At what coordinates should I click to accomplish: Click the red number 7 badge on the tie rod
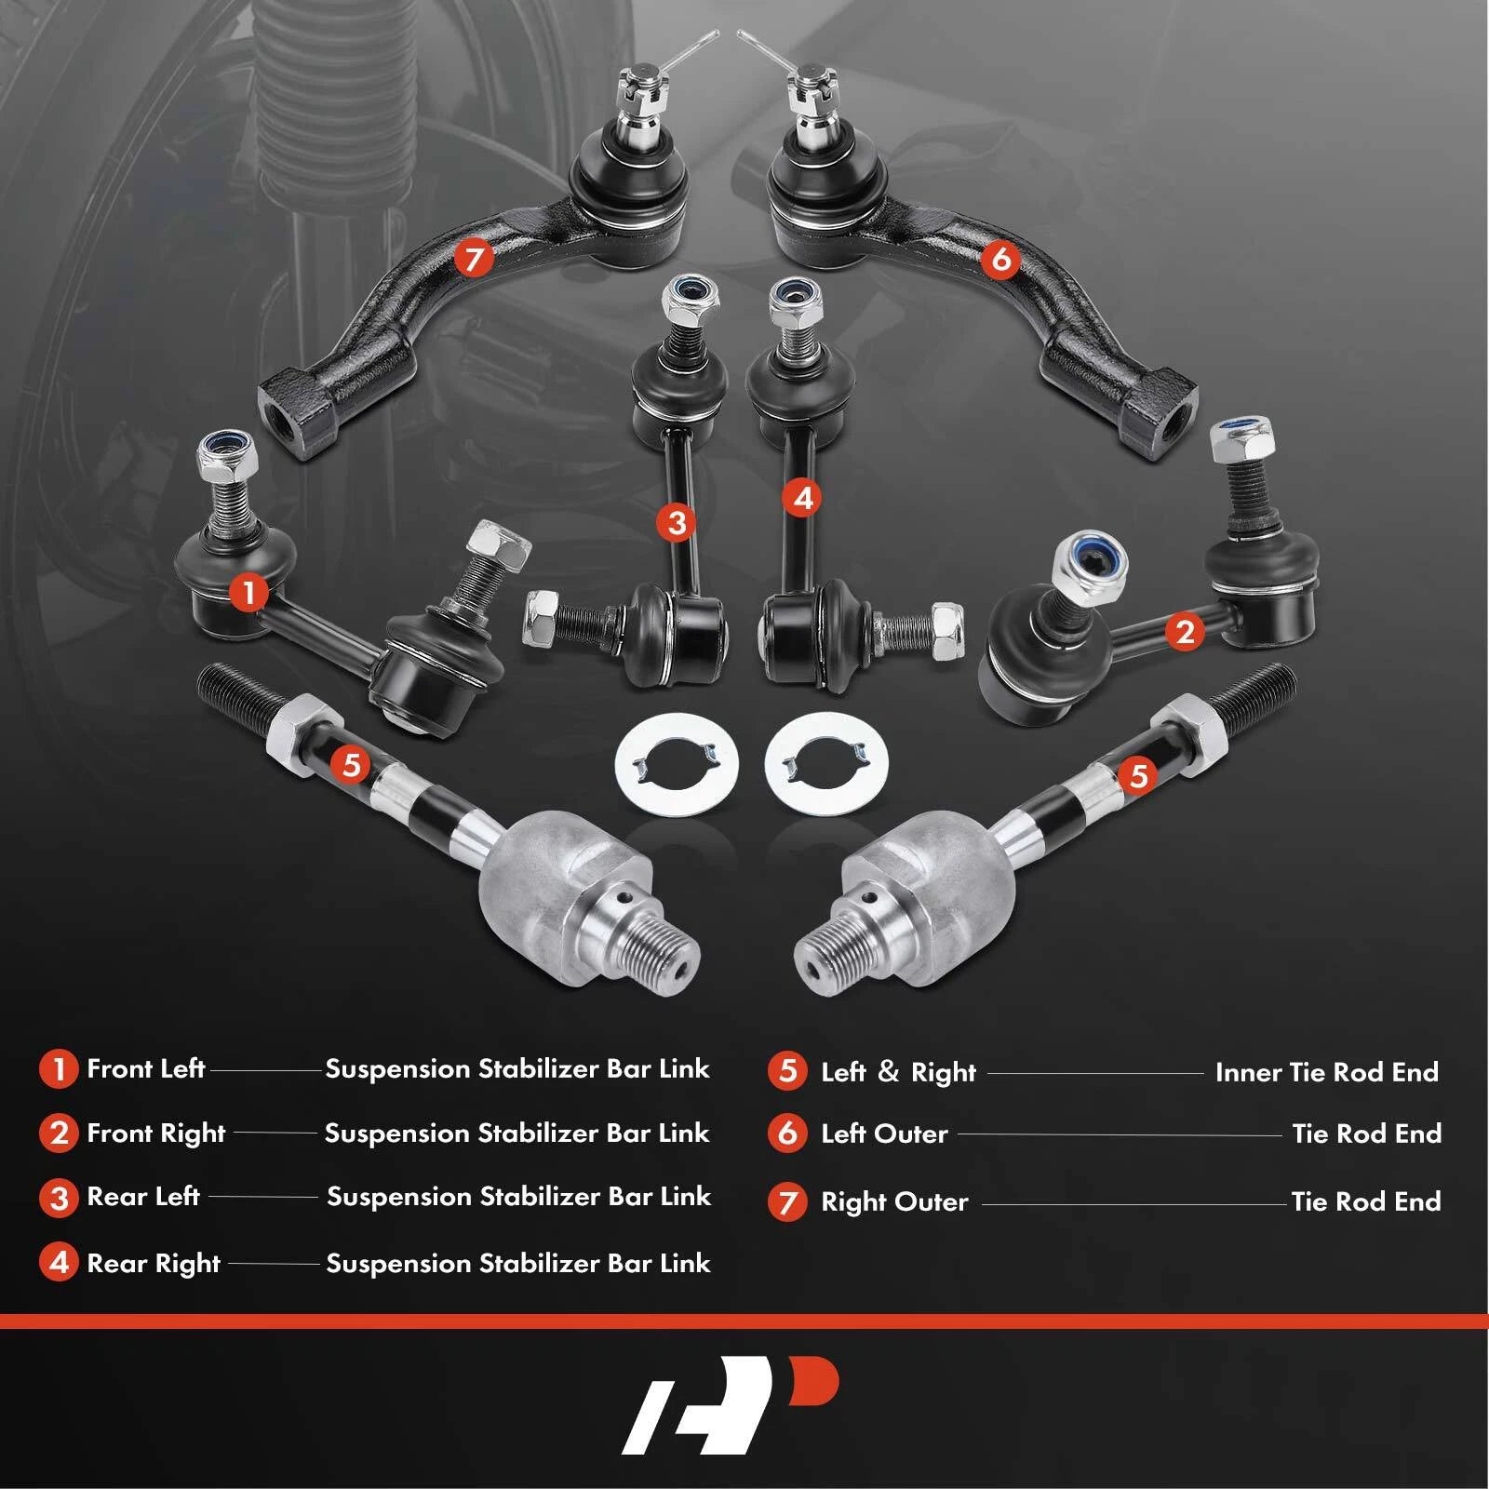474,257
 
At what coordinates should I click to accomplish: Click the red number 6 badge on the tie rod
1001,258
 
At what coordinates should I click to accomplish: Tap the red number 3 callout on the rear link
677,522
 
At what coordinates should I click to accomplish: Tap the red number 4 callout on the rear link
803,498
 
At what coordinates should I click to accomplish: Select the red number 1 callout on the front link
248,592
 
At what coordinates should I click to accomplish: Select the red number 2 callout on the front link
1185,632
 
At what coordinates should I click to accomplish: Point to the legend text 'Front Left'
145,1068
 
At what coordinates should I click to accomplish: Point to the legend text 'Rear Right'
154,1264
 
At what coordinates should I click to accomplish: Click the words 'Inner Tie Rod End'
1327,1072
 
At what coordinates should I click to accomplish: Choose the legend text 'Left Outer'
884,1134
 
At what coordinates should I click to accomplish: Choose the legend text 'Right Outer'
894,1202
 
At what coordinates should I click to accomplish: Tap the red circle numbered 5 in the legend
787,1071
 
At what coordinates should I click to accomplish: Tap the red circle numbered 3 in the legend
59,1198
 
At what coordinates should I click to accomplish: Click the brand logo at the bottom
731,1404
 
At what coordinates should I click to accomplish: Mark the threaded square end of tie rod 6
1160,413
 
